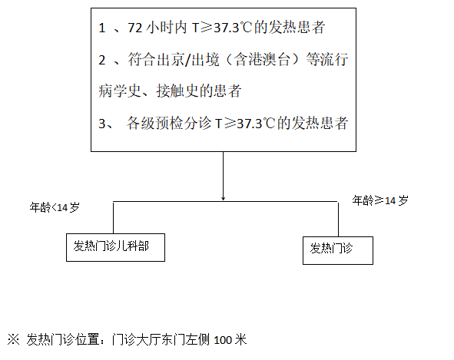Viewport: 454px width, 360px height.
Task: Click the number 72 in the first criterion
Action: point(135,28)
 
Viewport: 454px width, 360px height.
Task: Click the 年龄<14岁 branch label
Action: point(55,207)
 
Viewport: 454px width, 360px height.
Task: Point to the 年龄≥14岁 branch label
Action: point(380,200)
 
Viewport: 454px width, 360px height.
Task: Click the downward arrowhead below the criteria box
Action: point(223,198)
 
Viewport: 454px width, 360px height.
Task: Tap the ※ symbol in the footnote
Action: point(13,339)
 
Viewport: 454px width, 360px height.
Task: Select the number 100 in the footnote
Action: point(223,340)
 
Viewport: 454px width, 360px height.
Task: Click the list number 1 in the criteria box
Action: point(102,28)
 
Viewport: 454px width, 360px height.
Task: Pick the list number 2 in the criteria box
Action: point(102,60)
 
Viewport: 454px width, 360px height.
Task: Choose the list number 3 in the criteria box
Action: point(102,124)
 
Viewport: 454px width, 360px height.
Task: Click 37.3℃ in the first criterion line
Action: point(233,28)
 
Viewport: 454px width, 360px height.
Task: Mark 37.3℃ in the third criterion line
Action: point(256,124)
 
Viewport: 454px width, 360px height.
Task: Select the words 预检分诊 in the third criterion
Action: point(184,124)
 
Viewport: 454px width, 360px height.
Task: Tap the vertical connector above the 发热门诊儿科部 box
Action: point(113,217)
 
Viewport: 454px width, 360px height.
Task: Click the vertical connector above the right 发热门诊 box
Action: point(338,219)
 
